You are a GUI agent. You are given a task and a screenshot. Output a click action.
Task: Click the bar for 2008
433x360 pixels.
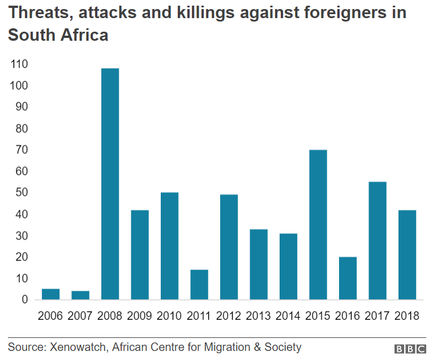(110, 184)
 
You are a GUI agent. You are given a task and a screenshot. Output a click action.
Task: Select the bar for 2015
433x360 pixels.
(318, 225)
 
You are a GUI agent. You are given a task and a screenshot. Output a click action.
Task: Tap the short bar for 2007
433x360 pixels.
(80, 295)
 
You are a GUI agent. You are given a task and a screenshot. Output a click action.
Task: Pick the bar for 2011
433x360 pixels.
(199, 285)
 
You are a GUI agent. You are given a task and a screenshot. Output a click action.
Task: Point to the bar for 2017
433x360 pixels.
(378, 241)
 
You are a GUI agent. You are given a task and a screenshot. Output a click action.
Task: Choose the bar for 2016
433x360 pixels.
(348, 278)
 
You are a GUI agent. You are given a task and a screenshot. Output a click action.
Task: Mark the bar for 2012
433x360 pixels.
(229, 247)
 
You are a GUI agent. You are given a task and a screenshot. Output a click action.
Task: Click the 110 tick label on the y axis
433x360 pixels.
(19, 65)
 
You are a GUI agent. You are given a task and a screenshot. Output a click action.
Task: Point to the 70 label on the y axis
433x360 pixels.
(20, 150)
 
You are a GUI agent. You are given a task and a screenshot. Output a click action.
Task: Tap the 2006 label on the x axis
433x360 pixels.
(50, 316)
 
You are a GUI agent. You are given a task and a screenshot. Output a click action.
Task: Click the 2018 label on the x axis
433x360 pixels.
(407, 316)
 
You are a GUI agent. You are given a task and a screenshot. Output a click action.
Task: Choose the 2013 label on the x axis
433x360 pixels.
(259, 316)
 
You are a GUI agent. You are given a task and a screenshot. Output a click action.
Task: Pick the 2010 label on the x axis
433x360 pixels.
(169, 316)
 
